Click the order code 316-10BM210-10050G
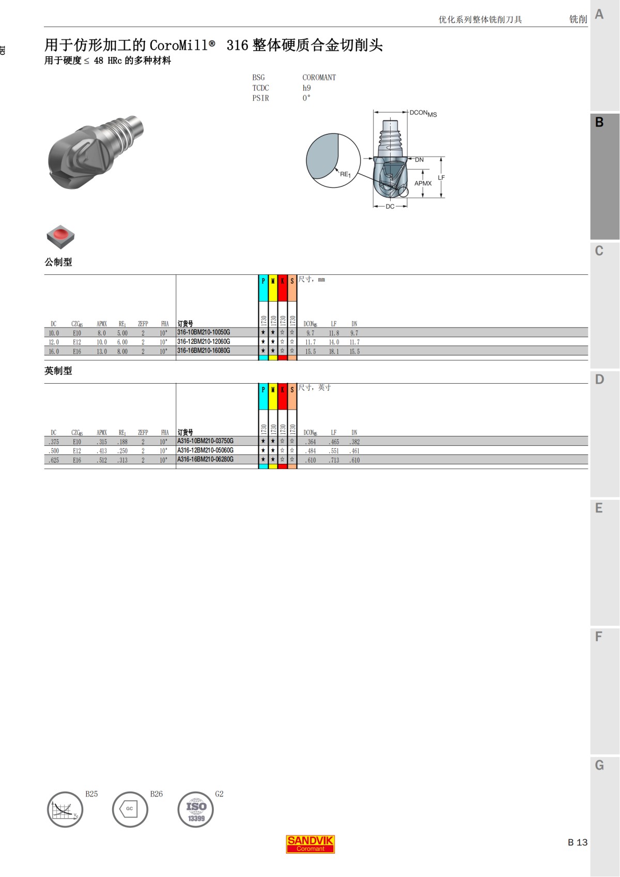[204, 333]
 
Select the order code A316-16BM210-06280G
[205, 460]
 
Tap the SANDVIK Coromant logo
[311, 844]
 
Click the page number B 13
[578, 842]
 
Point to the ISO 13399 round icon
[196, 810]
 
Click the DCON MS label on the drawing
[423, 113]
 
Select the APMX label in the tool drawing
[423, 183]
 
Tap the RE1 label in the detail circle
[345, 175]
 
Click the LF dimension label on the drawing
[441, 178]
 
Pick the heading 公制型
[58, 262]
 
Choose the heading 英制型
[58, 371]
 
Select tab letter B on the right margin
[599, 122]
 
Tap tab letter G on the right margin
[599, 765]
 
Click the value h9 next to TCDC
[307, 88]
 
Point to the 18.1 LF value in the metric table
[334, 352]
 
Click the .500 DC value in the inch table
[54, 451]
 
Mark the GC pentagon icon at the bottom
[130, 809]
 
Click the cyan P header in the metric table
[263, 281]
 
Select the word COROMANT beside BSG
[319, 78]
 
